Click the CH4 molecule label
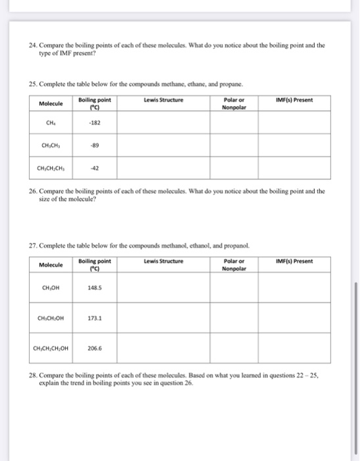51,122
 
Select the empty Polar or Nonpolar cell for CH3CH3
234,145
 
